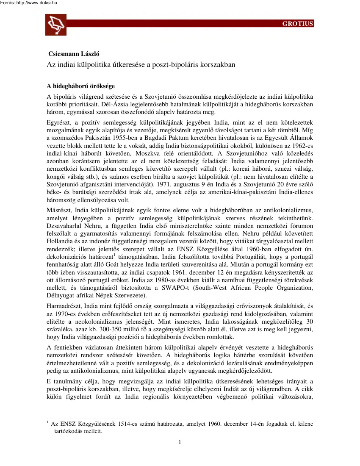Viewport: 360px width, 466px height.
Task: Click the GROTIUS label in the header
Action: [x=298, y=24]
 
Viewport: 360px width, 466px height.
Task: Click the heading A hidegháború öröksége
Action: [x=80, y=86]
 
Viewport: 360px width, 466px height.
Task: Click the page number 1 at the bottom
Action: [x=180, y=443]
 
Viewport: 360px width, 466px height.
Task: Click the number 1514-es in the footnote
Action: [x=125, y=423]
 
